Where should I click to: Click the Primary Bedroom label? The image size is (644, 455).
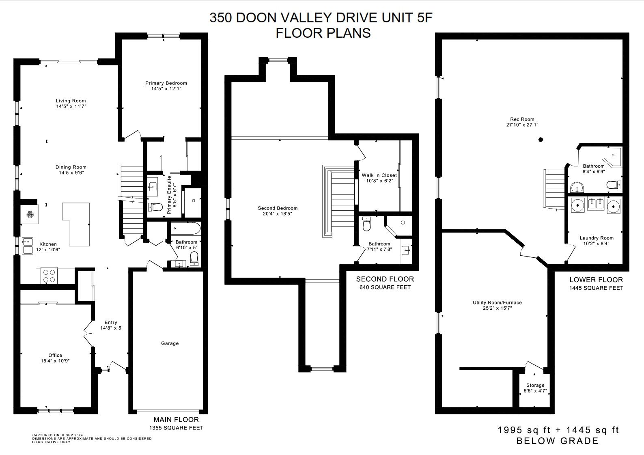pyautogui.click(x=166, y=83)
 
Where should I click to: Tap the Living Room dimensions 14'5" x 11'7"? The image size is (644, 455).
pyautogui.click(x=71, y=106)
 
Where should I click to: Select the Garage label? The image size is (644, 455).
pyautogui.click(x=170, y=343)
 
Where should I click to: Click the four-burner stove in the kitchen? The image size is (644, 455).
pyautogui.click(x=49, y=276)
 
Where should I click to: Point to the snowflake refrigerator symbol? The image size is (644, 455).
pyautogui.click(x=30, y=214)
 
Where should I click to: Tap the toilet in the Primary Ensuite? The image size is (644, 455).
pyautogui.click(x=155, y=207)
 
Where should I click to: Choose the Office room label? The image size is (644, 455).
pyautogui.click(x=55, y=355)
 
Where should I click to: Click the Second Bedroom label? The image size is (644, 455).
pyautogui.click(x=278, y=208)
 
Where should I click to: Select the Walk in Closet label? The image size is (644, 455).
pyautogui.click(x=379, y=175)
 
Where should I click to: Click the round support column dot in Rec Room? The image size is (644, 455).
pyautogui.click(x=541, y=140)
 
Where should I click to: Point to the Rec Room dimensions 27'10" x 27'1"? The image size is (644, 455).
pyautogui.click(x=522, y=125)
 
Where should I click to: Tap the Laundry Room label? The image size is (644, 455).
pyautogui.click(x=597, y=238)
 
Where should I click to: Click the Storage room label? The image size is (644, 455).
pyautogui.click(x=535, y=385)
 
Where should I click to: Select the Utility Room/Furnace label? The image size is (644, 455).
pyautogui.click(x=497, y=302)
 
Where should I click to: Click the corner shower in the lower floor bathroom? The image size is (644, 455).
pyautogui.click(x=612, y=156)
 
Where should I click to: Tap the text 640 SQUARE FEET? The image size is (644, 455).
pyautogui.click(x=385, y=287)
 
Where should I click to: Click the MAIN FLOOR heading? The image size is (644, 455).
pyautogui.click(x=176, y=420)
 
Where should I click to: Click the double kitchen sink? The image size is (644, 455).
pyautogui.click(x=28, y=246)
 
